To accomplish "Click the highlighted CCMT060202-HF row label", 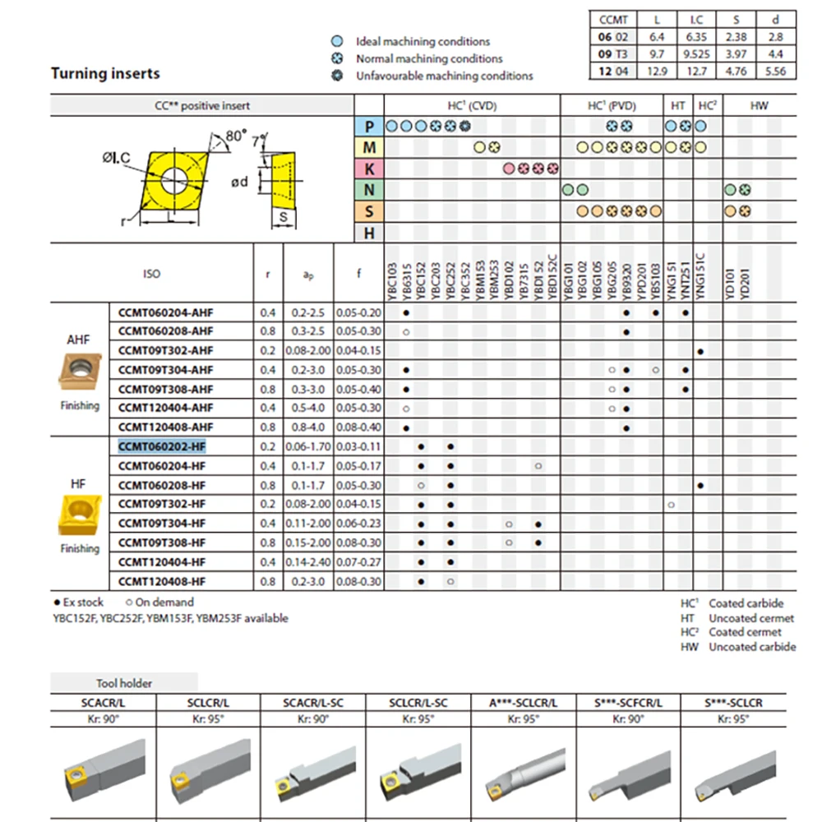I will tap(162, 446).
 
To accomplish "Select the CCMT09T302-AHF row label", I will tap(165, 351).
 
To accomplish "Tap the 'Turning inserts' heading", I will tap(105, 73).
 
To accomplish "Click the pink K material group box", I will tap(369, 169).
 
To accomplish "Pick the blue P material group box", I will tap(369, 126).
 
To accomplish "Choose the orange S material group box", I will tap(369, 211).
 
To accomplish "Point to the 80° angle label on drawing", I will tap(237, 136).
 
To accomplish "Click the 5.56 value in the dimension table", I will tap(774, 71).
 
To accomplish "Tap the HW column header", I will tap(759, 105).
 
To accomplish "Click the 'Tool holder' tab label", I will tap(124, 682).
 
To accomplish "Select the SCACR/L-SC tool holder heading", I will tap(313, 703).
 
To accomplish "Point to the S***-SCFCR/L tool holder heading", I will tap(628, 703).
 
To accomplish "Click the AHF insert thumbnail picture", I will tap(79, 371).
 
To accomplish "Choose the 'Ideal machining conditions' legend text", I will tap(423, 41).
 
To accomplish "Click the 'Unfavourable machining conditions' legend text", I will tap(444, 76).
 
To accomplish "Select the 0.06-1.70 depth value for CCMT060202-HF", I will tap(308, 446).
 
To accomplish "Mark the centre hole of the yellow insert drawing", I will tap(173, 181).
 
